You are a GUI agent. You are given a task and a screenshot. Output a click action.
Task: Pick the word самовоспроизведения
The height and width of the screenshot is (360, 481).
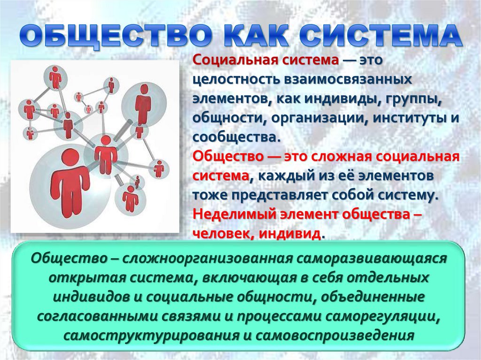(x=333, y=336)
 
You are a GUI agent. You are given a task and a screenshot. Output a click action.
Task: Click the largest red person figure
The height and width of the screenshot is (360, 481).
(x=70, y=183)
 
